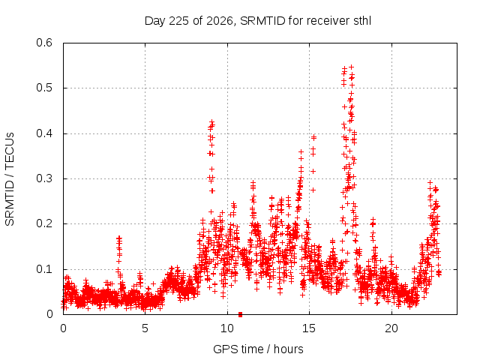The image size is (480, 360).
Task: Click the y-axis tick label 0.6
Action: [44, 43]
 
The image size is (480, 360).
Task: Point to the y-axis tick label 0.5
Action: [44, 88]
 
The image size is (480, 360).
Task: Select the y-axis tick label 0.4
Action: [44, 133]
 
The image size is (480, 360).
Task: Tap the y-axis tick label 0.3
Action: [44, 178]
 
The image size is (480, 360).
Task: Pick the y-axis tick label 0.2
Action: [44, 223]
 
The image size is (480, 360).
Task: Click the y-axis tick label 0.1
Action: [44, 269]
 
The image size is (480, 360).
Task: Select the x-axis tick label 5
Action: [145, 328]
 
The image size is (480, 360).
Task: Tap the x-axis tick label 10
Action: [227, 328]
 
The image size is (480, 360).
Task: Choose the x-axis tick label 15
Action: [309, 328]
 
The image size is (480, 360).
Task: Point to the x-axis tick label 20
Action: [391, 328]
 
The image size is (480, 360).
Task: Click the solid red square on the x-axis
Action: [240, 314]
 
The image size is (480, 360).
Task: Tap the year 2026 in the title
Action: [219, 21]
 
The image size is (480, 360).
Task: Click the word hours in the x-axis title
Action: [288, 349]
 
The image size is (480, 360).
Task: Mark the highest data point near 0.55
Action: [352, 67]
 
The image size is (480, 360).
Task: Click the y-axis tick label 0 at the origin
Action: [49, 314]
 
